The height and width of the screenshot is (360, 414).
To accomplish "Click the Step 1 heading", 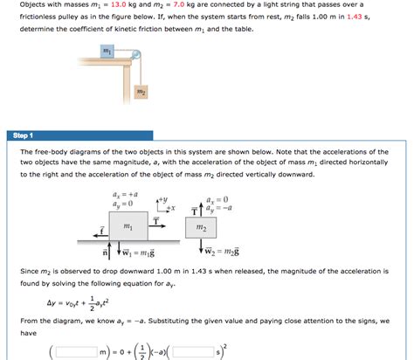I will [19, 135].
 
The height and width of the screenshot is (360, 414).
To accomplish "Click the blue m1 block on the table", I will [107, 52].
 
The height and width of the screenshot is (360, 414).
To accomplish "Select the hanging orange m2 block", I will [141, 90].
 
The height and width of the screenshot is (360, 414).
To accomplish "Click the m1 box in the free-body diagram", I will [128, 225].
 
